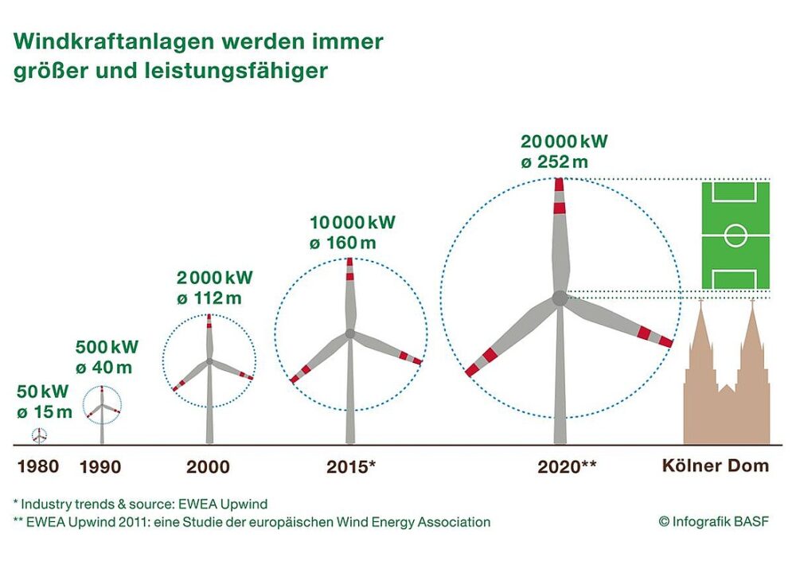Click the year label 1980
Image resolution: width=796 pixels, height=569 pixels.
(x=37, y=466)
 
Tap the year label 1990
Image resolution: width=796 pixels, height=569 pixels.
(x=100, y=466)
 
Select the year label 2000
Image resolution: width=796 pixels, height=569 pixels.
(x=208, y=466)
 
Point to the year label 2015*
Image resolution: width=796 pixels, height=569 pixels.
(x=351, y=466)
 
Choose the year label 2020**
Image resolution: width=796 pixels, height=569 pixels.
(x=567, y=466)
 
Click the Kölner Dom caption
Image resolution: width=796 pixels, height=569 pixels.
(x=716, y=466)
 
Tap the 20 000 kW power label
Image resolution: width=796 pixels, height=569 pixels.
(x=564, y=142)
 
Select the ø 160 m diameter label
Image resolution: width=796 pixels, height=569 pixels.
(x=341, y=243)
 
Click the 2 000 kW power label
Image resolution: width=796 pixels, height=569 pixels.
(x=214, y=278)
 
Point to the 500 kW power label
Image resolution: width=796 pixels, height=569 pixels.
(x=107, y=347)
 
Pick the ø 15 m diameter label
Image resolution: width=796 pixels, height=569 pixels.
(x=45, y=411)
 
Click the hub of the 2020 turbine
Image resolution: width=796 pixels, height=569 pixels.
(x=560, y=298)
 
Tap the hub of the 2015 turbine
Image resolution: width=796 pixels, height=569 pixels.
(x=350, y=334)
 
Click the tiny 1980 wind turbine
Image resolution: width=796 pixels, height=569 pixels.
(x=39, y=435)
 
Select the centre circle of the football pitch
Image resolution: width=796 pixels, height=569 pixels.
(x=736, y=236)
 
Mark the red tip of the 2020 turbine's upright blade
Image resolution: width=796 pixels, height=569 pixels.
(x=559, y=185)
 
